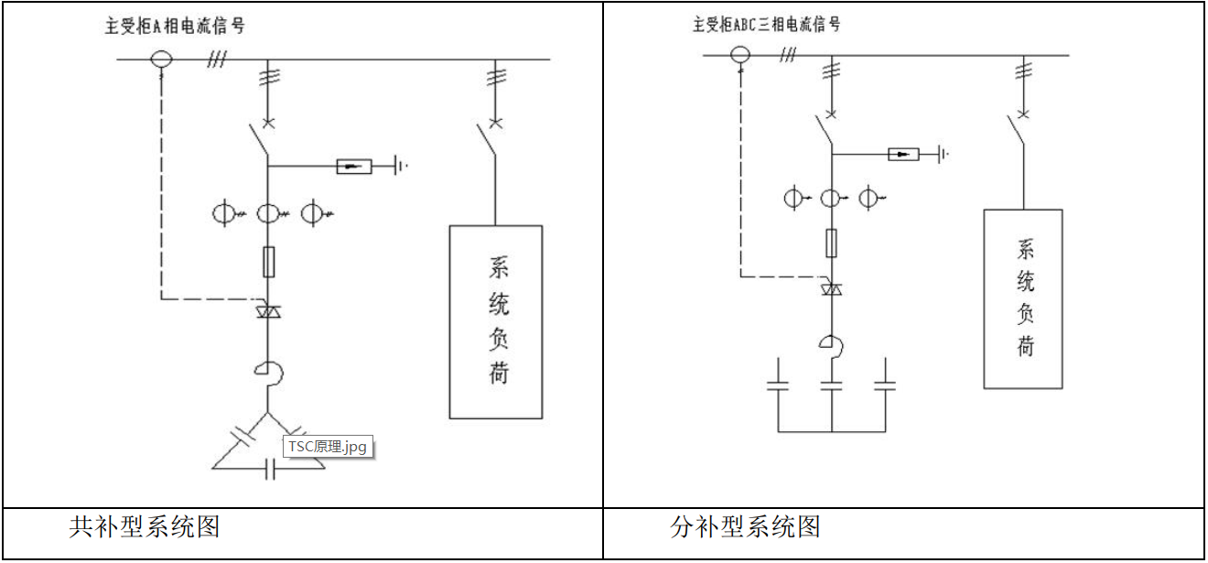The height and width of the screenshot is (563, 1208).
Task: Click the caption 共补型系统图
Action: [145, 527]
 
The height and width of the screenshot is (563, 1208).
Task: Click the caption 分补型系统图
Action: [745, 527]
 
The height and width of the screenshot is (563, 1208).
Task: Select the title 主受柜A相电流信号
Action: [175, 25]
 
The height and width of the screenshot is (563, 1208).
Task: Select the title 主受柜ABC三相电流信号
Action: [766, 25]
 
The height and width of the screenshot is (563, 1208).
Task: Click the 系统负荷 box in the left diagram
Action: [496, 321]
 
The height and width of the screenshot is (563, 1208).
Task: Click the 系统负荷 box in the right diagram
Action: [1023, 298]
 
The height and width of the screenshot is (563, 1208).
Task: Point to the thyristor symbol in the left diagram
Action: [268, 312]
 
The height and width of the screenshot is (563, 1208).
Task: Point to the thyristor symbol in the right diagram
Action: [831, 289]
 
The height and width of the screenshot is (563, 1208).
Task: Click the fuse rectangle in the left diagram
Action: [268, 262]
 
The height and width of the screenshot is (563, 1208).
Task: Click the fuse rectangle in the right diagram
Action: [831, 243]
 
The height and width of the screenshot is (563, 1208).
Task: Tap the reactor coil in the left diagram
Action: [270, 372]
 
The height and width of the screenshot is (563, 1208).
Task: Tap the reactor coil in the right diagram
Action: [833, 344]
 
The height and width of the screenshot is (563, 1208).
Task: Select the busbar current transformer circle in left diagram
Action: [161, 60]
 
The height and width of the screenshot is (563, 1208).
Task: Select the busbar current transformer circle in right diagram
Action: [740, 55]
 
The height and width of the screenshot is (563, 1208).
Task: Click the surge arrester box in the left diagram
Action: [354, 166]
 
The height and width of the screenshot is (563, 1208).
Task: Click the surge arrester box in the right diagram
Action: [903, 154]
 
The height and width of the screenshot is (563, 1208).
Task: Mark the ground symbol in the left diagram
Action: [400, 166]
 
